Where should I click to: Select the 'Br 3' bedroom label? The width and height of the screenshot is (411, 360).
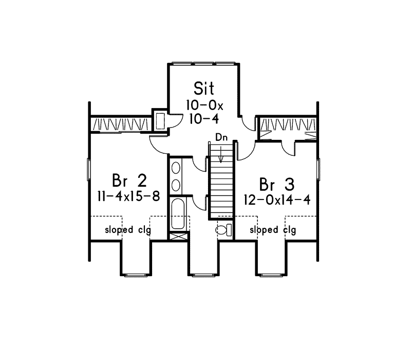[x=276, y=184]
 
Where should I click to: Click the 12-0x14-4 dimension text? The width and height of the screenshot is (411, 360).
[x=277, y=200]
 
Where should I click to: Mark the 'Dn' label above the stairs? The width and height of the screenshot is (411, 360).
[x=221, y=137]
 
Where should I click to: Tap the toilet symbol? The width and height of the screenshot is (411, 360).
[x=224, y=229]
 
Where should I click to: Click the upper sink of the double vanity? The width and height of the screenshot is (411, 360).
[x=175, y=168]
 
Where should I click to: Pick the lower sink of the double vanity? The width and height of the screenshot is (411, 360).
[x=175, y=184]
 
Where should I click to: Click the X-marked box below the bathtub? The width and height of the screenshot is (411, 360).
[x=178, y=237]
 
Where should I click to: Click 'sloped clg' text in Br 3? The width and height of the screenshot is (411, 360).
[x=273, y=230]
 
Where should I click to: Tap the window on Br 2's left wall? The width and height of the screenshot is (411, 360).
[x=88, y=168]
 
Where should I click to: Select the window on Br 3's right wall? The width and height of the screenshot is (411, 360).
[x=318, y=168]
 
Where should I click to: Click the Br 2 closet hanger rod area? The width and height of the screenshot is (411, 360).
[x=122, y=124]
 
